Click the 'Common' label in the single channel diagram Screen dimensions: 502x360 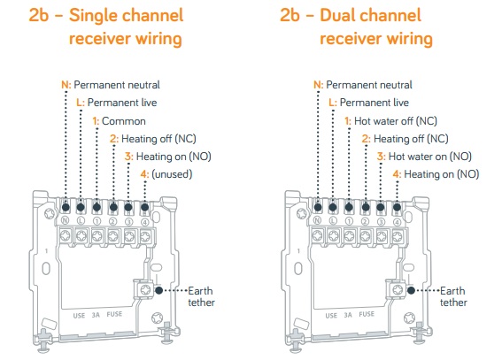point(124,121)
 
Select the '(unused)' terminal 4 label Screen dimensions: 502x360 point(172,174)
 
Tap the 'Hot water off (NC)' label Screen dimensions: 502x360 point(396,121)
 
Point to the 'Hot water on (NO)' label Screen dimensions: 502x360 point(430,157)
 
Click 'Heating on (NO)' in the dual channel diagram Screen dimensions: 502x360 point(442,174)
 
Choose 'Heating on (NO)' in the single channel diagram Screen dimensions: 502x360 point(174,157)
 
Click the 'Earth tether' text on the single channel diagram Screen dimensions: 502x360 point(201,296)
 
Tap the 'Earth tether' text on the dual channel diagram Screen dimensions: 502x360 point(453,296)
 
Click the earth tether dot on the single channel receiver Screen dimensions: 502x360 point(158,290)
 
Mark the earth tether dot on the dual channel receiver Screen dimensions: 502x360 point(411,290)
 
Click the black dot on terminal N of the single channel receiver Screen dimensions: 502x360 point(66,207)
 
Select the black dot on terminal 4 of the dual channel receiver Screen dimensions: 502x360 point(397,207)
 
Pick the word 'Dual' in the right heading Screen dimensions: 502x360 point(338,15)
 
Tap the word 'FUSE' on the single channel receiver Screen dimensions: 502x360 point(114,314)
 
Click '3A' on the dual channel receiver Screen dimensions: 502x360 point(348,315)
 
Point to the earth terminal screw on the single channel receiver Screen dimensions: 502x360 point(146,290)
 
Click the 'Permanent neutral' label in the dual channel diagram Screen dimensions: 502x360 point(369,85)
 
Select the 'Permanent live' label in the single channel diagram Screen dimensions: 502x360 point(122,103)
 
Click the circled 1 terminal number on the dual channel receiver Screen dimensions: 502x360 point(349,221)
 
